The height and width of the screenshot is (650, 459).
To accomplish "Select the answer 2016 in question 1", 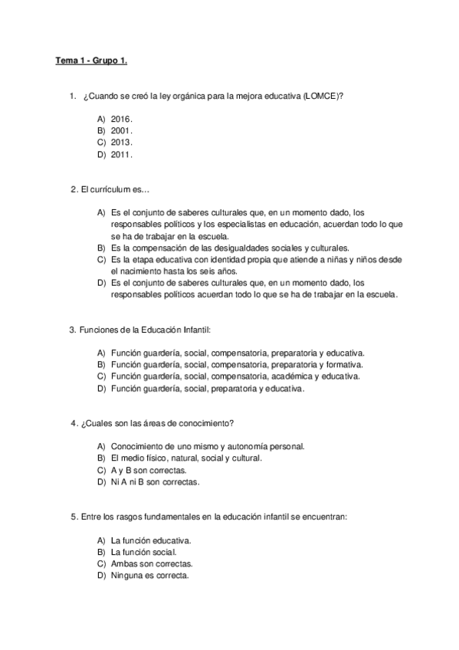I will (121, 119).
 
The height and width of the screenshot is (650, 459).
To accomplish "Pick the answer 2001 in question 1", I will (121, 130).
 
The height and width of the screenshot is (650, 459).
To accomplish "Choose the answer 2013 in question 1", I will (121, 142).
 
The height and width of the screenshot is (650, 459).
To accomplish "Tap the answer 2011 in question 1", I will (121, 154).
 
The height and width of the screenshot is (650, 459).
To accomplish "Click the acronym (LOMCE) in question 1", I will (320, 96).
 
